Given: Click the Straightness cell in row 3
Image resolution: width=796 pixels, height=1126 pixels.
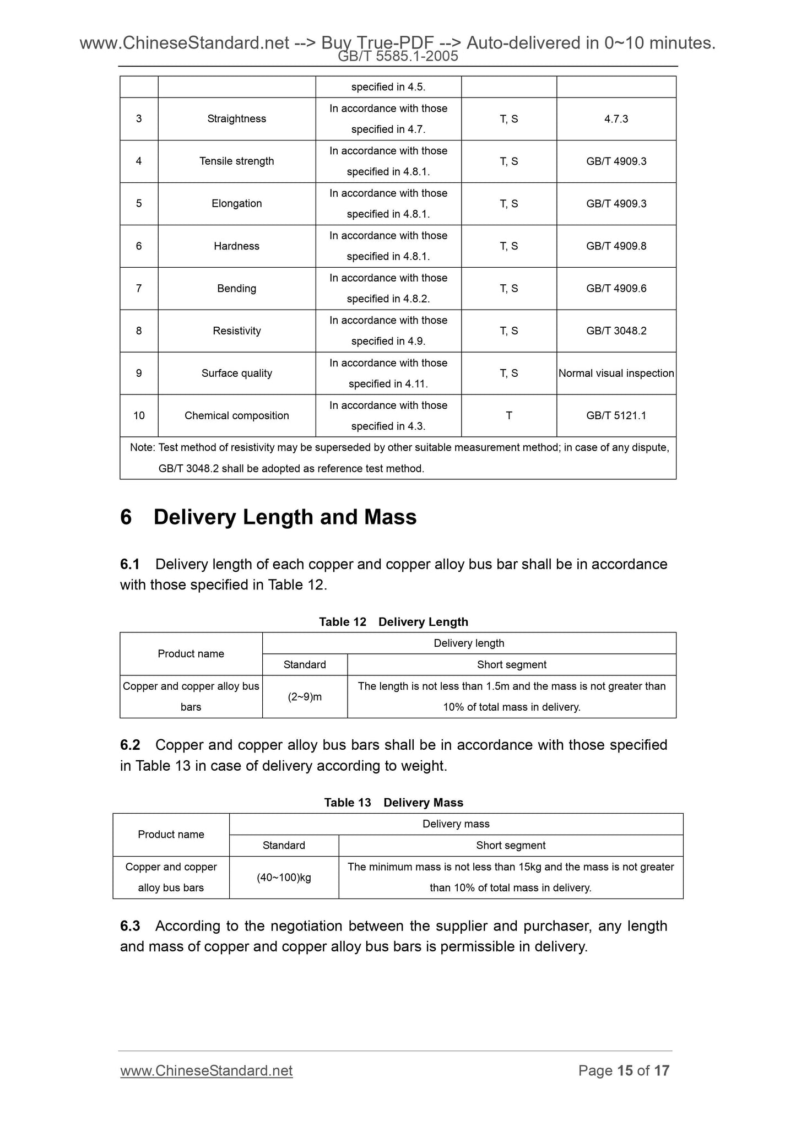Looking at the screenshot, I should pos(236,118).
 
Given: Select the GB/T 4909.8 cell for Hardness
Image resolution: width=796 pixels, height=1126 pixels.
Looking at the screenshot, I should pos(616,246).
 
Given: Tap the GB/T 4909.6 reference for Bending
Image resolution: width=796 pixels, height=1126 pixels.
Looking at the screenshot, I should pos(616,288).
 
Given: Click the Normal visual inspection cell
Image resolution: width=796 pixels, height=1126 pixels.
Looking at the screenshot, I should pos(616,373).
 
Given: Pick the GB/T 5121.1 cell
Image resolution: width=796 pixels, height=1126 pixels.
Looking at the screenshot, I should pos(616,415).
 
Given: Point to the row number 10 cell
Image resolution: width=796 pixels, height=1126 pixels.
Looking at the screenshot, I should pos(139,415).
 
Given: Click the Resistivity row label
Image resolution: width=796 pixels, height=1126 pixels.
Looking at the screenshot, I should pos(236,331).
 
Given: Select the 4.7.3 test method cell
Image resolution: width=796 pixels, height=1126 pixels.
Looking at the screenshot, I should pos(616,118).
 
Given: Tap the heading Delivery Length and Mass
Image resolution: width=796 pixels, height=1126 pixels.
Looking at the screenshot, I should pos(285,517).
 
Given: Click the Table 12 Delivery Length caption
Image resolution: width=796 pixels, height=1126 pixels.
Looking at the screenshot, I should pos(393,621).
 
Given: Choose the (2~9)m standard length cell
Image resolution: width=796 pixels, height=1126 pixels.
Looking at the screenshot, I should pos(305,696).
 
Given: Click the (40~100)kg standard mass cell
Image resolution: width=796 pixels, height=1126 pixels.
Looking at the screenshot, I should pos(284,877).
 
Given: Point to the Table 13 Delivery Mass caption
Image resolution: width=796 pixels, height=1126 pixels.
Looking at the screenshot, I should pos(393,802).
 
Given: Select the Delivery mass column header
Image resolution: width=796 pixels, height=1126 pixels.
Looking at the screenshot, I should pos(456,824).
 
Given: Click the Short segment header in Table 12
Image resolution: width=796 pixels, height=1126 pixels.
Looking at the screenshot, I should pos(511,664).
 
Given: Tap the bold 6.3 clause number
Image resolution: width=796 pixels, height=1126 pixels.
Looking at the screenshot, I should pos(130,926).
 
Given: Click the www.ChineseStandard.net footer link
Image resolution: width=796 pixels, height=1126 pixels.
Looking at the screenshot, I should pos(206,1070).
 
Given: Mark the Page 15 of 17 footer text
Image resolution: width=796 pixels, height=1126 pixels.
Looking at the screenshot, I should pos(624,1070).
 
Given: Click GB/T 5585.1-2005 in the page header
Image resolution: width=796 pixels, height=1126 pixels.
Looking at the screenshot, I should pos(398,56).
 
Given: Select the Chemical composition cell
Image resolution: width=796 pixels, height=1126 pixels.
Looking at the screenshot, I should pos(236,415).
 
